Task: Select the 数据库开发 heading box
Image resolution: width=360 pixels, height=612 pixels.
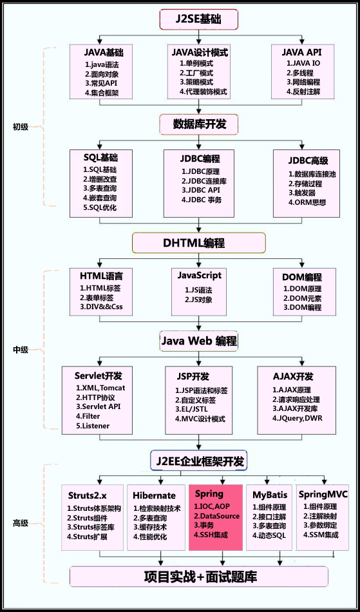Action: click(200, 122)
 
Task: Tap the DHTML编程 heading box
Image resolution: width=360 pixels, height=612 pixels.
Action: click(199, 243)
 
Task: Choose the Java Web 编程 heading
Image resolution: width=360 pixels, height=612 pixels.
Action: click(199, 341)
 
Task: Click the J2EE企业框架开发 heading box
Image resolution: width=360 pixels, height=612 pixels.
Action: click(199, 461)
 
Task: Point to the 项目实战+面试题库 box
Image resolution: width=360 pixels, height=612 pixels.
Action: click(200, 576)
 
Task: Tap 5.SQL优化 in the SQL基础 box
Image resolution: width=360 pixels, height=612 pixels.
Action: click(99, 208)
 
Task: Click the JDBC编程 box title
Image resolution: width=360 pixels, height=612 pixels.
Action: click(200, 158)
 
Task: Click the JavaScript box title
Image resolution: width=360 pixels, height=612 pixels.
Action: click(200, 275)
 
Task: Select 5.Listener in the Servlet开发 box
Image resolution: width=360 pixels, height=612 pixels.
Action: click(93, 426)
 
